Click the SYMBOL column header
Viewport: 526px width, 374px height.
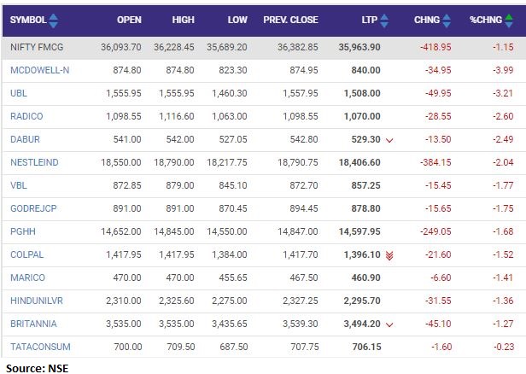(28, 20)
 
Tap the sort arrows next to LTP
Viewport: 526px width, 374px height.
(383, 20)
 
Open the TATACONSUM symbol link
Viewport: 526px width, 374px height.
(40, 347)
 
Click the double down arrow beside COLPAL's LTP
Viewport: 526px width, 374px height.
(389, 254)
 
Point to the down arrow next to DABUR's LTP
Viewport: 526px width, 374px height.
(389, 139)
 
